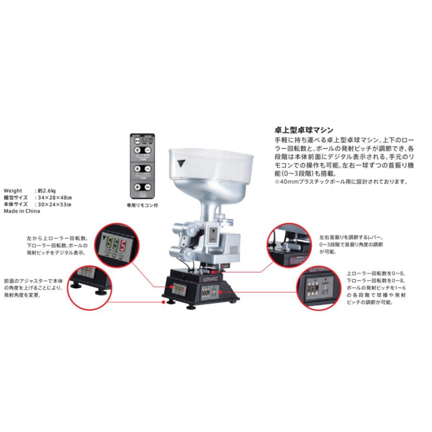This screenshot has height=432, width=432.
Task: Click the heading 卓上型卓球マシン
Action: point(303,130)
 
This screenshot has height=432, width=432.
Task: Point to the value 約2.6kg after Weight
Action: point(46,190)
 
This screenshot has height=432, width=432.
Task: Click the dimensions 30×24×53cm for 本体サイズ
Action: point(54,204)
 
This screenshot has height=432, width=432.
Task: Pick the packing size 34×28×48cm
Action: point(54,197)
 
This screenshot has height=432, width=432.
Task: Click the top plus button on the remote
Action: point(137,149)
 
